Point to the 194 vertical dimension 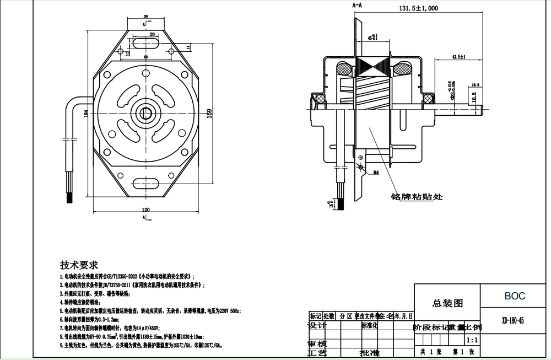coord(85,112)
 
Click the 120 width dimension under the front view coord(146,210)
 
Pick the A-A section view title coord(357,4)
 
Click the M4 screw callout coord(377,173)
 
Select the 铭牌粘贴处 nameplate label coord(417,196)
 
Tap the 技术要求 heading coord(79,264)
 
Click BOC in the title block coord(515,296)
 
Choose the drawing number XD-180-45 coord(513,320)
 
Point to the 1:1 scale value coord(472,341)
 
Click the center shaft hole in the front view coord(146,112)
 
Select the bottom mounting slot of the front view coord(146,181)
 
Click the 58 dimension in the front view coord(146,57)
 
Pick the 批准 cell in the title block coord(369,352)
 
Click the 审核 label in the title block coord(316,343)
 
